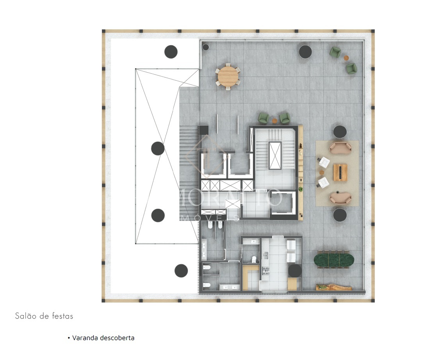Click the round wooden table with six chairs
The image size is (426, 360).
[x=228, y=77]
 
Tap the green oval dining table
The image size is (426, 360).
[x=334, y=260]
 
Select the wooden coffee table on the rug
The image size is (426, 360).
[x=340, y=173]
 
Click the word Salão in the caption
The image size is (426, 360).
[x=25, y=316]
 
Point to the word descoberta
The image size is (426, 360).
[x=117, y=338]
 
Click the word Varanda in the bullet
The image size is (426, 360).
[x=85, y=338]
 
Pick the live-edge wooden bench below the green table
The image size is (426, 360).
[x=334, y=287]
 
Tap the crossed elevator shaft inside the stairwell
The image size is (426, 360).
[x=275, y=155]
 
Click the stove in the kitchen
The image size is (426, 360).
[x=266, y=271]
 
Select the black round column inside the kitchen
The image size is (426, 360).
[x=295, y=271]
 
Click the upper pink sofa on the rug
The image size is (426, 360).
[x=340, y=148]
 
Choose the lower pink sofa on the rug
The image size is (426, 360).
[x=340, y=198]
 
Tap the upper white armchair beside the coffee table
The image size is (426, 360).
[x=324, y=162]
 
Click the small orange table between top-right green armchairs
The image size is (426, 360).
[x=346, y=58]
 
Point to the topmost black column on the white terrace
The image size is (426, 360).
[x=171, y=52]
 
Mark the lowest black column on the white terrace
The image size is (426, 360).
[x=181, y=271]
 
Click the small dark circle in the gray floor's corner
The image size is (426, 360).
[x=206, y=47]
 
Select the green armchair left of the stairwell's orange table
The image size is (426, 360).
[x=264, y=118]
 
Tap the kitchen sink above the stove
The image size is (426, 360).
[x=266, y=255]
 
